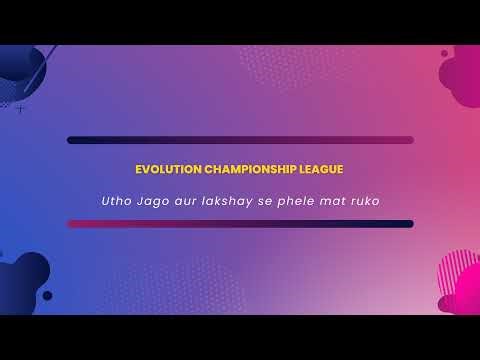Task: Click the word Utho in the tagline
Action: (x=115, y=201)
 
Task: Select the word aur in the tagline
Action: (x=187, y=201)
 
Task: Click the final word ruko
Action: (x=368, y=201)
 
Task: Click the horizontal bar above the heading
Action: (x=240, y=140)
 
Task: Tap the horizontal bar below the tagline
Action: (x=240, y=224)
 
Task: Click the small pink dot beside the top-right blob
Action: (x=444, y=53)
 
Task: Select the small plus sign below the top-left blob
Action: (x=20, y=109)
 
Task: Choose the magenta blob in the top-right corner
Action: (x=462, y=75)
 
